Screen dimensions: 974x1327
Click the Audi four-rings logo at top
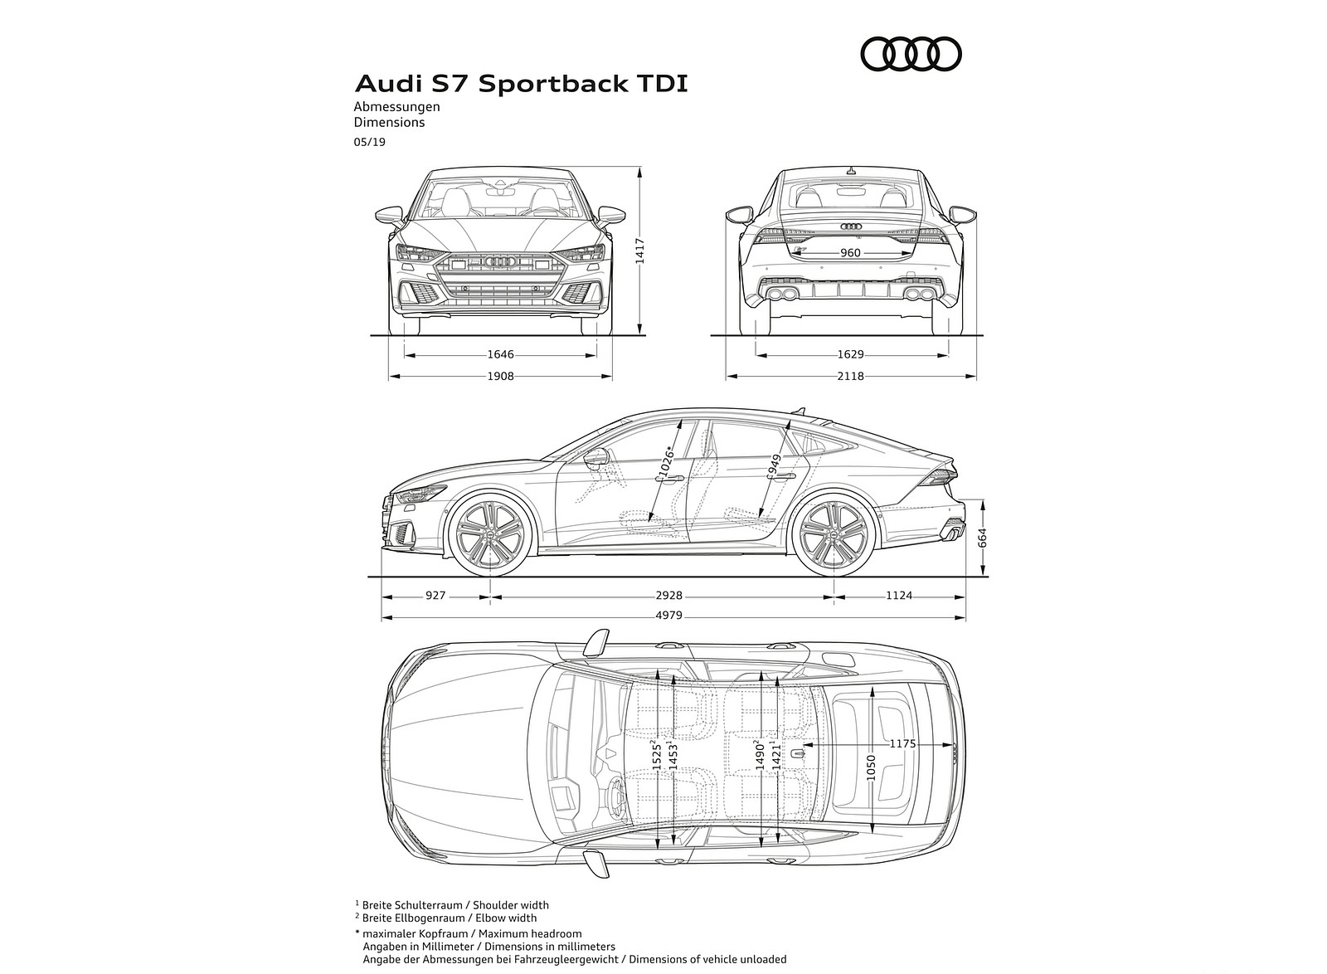911,55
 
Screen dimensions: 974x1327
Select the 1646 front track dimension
500,354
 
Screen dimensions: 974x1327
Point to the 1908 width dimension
500,376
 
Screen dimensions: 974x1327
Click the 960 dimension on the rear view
850,253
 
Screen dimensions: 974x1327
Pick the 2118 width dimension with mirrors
850,376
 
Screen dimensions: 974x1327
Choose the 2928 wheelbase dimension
668,595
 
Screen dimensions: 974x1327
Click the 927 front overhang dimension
435,595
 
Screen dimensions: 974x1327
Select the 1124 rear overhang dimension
899,595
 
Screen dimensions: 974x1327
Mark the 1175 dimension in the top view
902,744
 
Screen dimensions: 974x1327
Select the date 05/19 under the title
369,142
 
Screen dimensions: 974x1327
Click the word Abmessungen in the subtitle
396,106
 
